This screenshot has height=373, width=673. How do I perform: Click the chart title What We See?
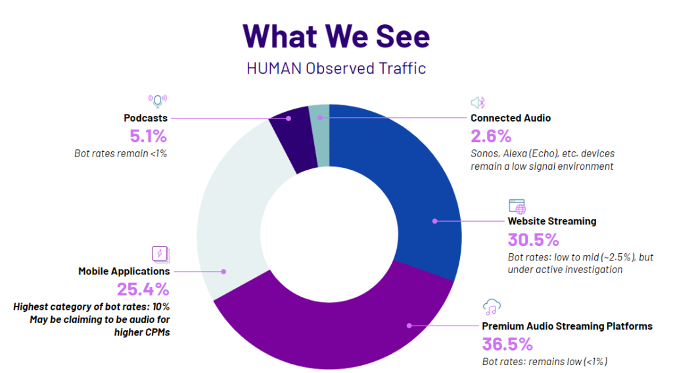coord(336,36)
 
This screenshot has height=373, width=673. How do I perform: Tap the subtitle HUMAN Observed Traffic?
coord(336,68)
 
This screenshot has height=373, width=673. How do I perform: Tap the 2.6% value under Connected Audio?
coord(490,136)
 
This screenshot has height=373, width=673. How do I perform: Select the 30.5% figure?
coord(533,239)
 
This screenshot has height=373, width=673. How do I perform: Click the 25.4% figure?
coord(143,289)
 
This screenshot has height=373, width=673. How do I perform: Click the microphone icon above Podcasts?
coord(157,101)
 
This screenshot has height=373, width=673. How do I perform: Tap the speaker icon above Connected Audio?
coord(478,102)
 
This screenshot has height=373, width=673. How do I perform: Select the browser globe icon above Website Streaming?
coord(517,206)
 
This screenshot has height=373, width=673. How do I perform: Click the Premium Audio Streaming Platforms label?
coord(567,326)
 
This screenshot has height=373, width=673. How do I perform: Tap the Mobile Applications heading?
coord(124,271)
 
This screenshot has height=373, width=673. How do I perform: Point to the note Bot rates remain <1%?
coord(120,154)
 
